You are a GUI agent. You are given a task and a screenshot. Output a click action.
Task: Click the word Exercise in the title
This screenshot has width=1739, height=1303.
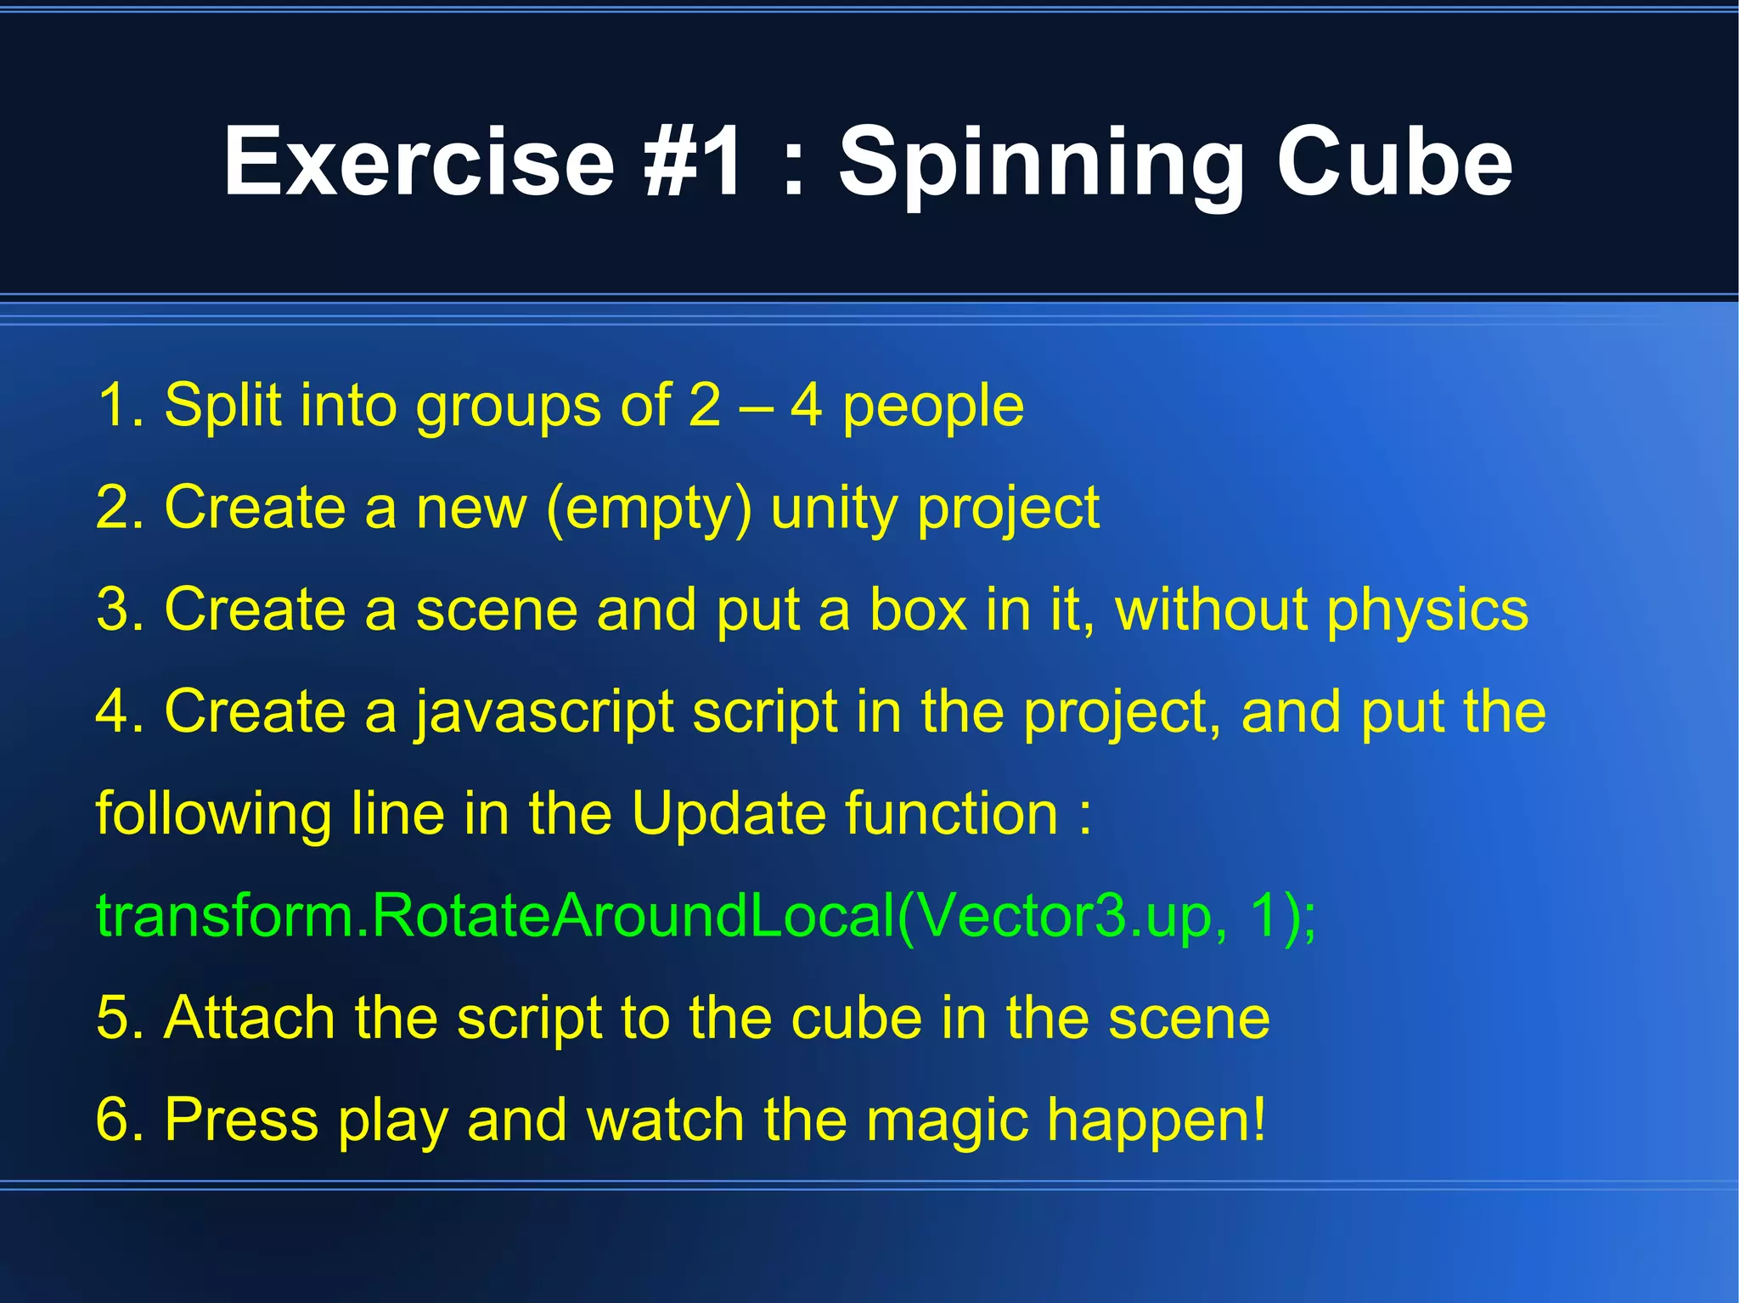click(x=419, y=161)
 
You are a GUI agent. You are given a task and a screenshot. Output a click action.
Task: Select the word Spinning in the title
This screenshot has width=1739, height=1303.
click(x=1041, y=161)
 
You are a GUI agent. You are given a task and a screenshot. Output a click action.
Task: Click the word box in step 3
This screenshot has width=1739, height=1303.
click(x=918, y=609)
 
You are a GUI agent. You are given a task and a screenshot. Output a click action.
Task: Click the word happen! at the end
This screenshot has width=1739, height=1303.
click(x=1156, y=1120)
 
